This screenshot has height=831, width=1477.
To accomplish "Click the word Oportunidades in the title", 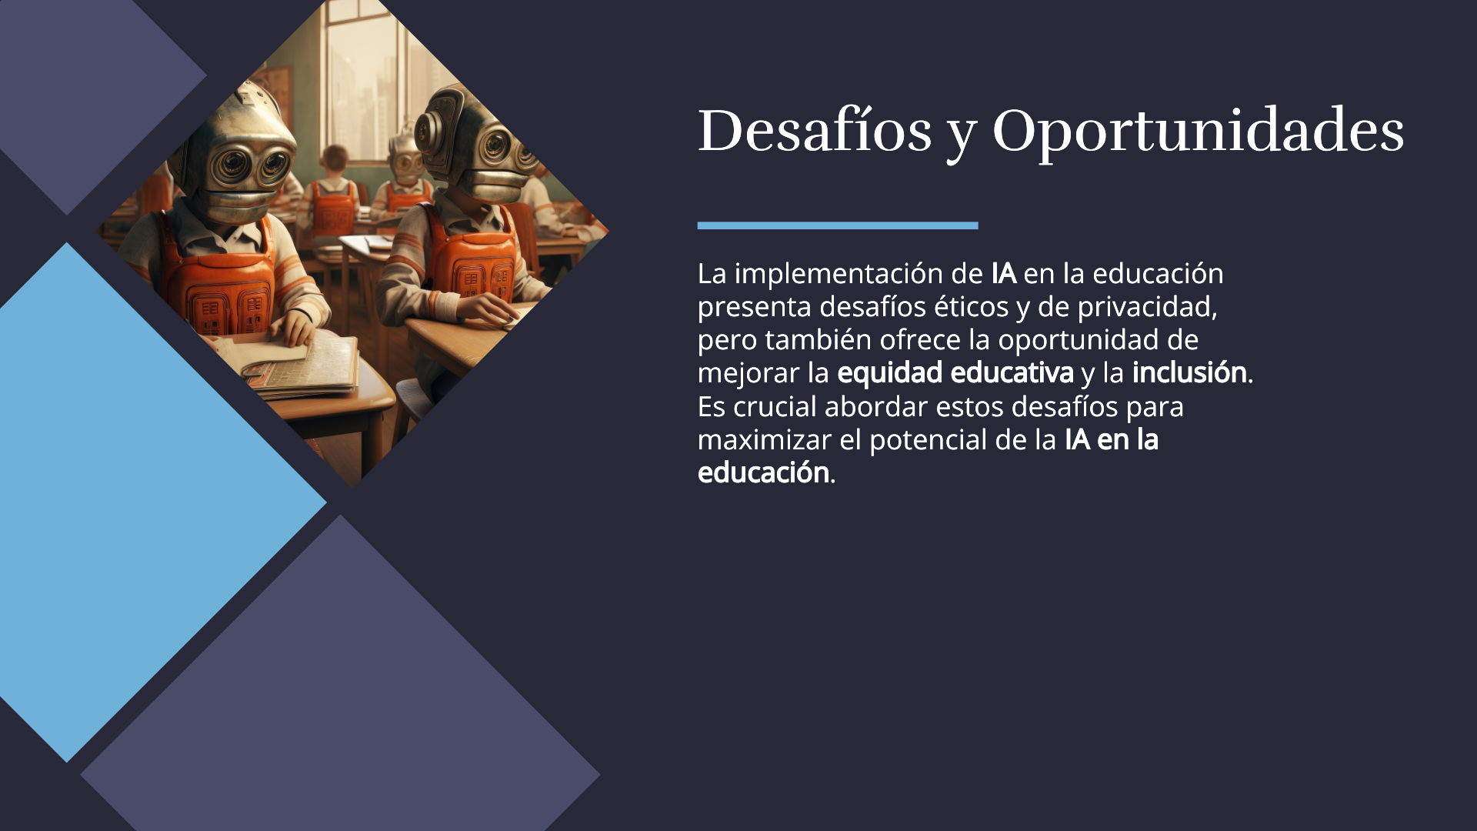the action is pos(1199,131).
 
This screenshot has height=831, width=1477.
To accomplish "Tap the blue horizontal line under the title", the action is pos(838,225).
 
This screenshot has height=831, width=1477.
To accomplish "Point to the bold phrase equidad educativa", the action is pos(955,373).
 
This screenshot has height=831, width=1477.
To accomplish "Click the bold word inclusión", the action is pos(1189,372).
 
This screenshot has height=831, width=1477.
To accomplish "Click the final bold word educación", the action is pos(763,472).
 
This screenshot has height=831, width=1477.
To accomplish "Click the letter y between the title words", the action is pos(962,137).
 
